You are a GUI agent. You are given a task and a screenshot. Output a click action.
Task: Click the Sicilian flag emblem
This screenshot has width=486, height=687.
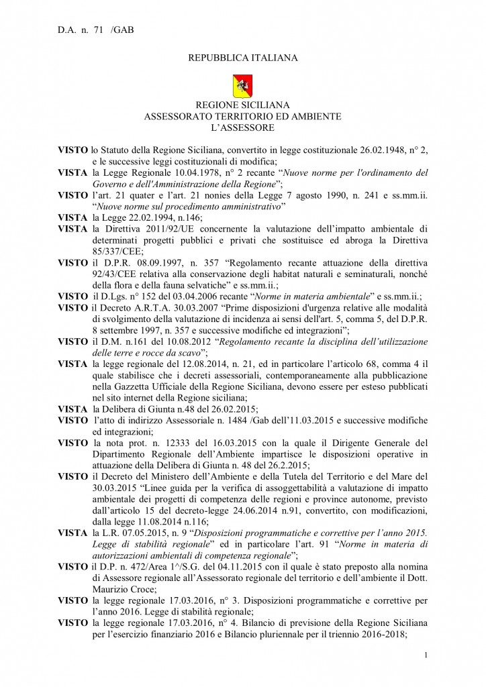[x=242, y=86]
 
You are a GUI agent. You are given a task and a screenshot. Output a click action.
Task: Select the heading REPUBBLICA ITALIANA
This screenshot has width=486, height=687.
[x=242, y=58]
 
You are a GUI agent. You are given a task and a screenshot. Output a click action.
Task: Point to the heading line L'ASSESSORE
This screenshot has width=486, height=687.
[x=242, y=127]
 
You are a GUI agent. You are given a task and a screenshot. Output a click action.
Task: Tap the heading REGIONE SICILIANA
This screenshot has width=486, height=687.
[x=242, y=105]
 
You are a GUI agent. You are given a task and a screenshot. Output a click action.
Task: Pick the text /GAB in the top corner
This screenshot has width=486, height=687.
[x=122, y=31]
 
